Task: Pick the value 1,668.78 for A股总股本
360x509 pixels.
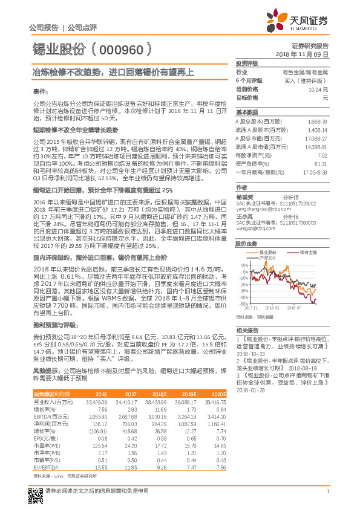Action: [x=317, y=122]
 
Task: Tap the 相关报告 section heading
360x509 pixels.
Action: [x=247, y=330]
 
